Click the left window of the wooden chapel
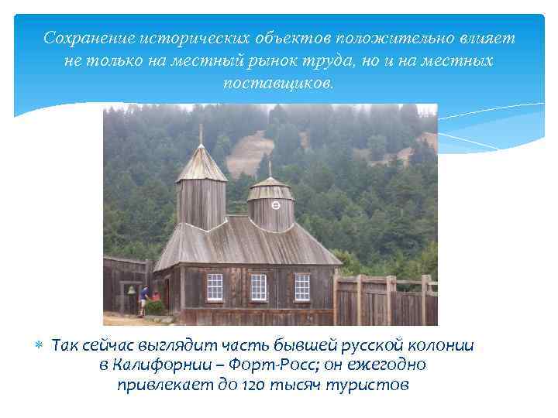215,286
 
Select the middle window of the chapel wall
259,287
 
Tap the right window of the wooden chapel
301,287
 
